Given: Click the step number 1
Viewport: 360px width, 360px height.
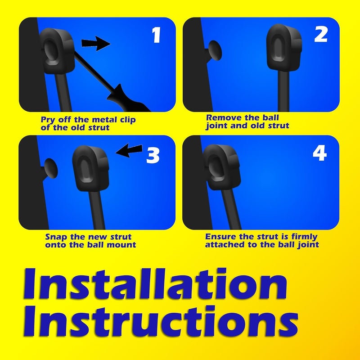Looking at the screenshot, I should point(156,35).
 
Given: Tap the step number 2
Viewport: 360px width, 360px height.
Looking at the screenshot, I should point(320,34).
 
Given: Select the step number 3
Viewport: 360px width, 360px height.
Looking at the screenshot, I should point(153,155).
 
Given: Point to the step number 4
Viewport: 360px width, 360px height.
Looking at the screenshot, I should point(319,154).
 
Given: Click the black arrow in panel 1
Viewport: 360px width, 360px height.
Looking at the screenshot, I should point(95,44).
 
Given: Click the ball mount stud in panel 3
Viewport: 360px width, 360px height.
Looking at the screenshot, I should point(50,170).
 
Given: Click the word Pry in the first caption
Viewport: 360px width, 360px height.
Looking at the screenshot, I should point(49,120).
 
